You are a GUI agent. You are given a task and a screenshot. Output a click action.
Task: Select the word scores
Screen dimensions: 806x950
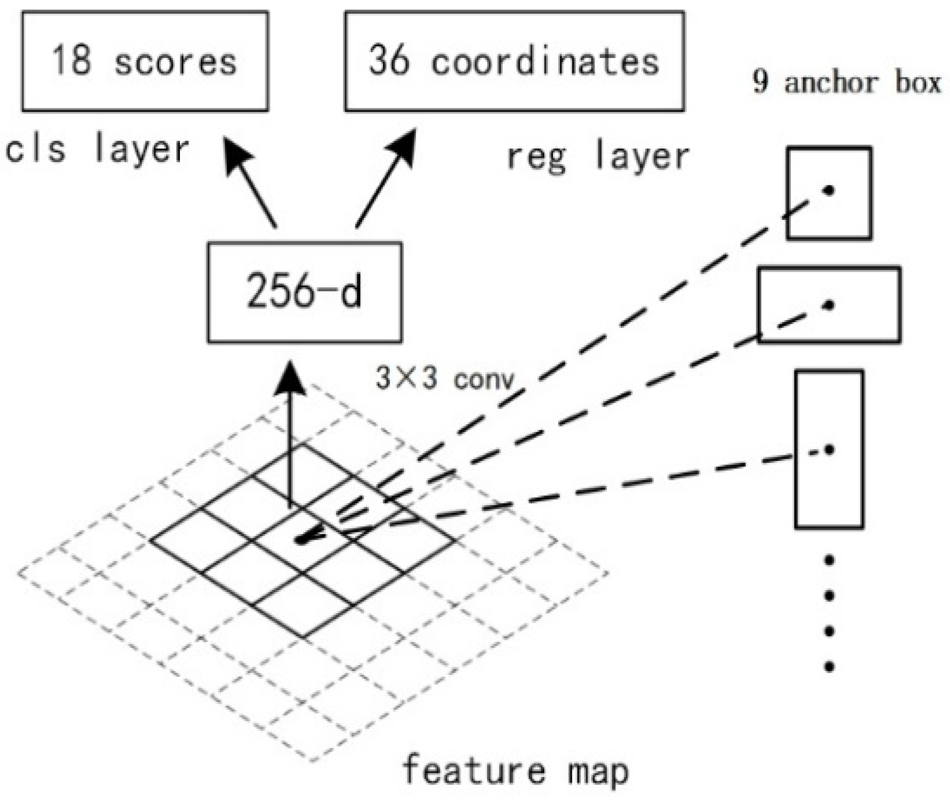(175, 62)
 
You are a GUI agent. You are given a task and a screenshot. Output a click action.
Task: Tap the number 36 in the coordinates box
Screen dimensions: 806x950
(389, 60)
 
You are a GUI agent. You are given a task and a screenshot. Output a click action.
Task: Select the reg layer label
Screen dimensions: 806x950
(598, 156)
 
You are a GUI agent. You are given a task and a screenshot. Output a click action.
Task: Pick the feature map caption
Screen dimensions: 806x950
(515, 770)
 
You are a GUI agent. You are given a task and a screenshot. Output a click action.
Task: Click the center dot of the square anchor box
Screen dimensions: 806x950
(829, 191)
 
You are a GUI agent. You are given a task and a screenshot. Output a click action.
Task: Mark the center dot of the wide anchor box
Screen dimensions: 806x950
(829, 305)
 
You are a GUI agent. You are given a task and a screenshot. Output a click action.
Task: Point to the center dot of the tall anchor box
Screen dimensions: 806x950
(829, 449)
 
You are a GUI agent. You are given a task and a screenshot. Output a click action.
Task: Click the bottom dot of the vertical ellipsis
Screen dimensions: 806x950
(829, 666)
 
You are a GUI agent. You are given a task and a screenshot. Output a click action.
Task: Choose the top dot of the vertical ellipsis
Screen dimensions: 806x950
(829, 561)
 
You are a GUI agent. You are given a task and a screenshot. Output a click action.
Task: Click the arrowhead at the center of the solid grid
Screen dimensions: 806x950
(305, 539)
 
